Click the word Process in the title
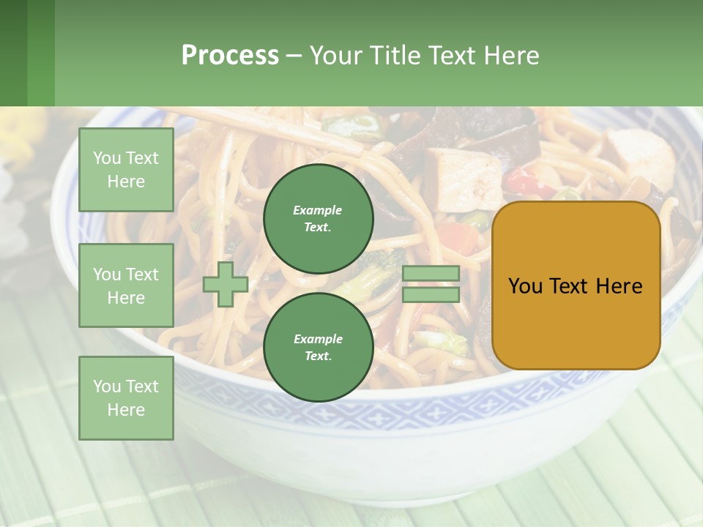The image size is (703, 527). pos(230,56)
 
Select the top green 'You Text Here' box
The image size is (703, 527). pos(126,170)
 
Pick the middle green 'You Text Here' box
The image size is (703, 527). pos(126,285)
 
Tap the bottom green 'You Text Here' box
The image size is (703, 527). pos(126,398)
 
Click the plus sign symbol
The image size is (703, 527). pos(226,284)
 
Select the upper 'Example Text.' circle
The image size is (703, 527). pos(318,218)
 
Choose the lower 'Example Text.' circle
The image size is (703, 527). pos(318,347)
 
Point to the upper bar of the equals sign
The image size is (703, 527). pos(431,274)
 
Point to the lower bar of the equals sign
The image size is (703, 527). pos(431,294)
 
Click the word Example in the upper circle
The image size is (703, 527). pos(318,210)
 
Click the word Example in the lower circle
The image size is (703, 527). pos(318,339)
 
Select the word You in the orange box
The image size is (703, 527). pos(526,286)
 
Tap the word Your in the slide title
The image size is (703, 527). pos(336,56)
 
